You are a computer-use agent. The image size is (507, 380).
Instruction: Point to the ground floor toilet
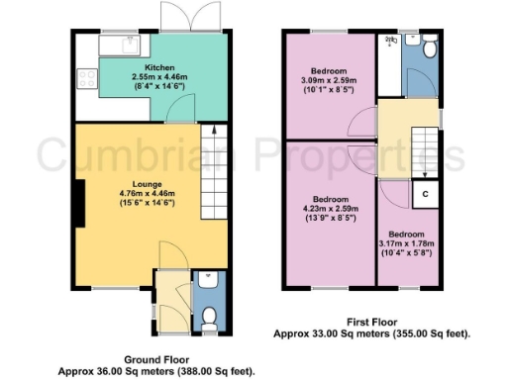[207, 316]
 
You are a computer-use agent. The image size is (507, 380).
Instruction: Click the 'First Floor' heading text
[372, 322]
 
